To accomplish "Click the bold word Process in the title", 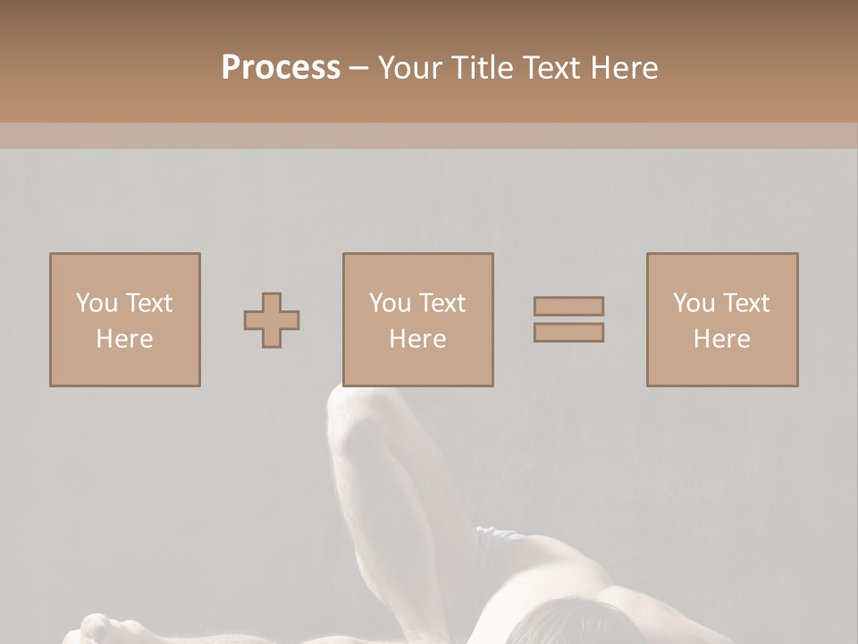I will click(x=281, y=68).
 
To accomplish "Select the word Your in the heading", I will click(x=410, y=68).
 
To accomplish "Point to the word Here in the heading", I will click(x=623, y=68).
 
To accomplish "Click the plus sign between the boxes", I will click(x=272, y=320).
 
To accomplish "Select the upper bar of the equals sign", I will click(x=568, y=306).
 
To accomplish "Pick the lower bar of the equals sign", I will click(x=568, y=333).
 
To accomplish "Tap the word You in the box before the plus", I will click(x=96, y=303).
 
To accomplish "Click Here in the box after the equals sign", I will click(x=721, y=339).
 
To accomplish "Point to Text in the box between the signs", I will click(x=442, y=303).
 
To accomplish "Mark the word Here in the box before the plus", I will click(x=124, y=339).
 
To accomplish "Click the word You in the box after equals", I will click(x=694, y=303).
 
